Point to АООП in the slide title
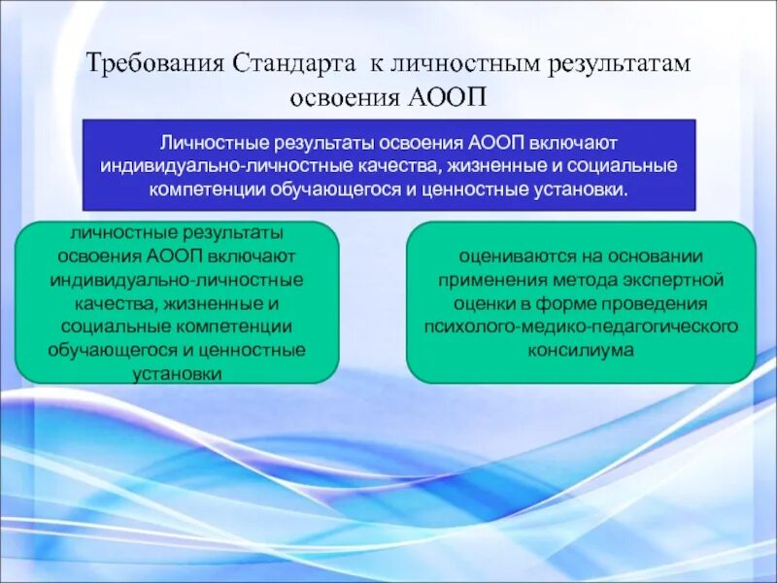coord(448,97)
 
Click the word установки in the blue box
coord(580,189)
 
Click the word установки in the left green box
coord(177,374)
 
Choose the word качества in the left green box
coord(115,303)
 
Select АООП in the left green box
coord(175,257)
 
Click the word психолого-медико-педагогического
coord(581,327)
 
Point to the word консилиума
coord(581,351)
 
